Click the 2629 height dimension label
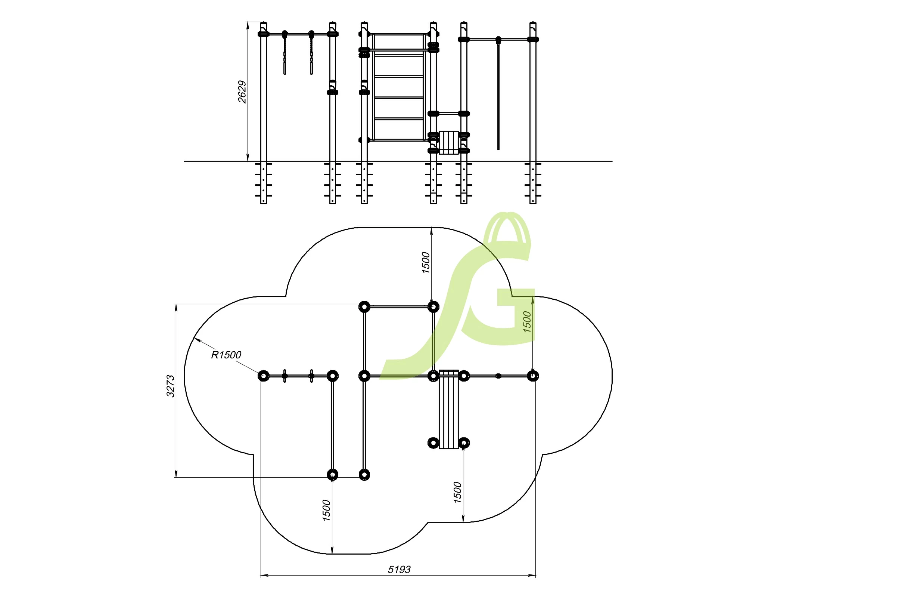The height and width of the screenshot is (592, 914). click(242, 92)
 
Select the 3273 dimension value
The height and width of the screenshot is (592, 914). click(171, 386)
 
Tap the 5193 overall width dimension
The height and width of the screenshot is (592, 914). click(399, 569)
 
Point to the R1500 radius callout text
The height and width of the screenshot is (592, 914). click(226, 355)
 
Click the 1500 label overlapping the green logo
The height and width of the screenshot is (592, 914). click(527, 322)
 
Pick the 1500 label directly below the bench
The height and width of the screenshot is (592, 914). click(457, 492)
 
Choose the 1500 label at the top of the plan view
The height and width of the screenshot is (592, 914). click(426, 263)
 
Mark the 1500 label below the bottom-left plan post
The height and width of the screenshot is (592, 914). click(326, 510)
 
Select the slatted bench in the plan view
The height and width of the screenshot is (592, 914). click(448, 409)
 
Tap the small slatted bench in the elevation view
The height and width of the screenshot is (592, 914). click(448, 142)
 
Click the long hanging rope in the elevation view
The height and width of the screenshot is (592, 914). click(498, 96)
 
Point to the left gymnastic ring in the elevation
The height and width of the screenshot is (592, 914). click(285, 54)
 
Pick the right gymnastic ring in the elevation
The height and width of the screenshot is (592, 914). click(311, 54)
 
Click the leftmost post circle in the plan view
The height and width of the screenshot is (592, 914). click(264, 376)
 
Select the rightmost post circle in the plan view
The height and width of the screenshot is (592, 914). click(533, 376)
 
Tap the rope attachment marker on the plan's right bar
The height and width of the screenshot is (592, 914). click(498, 376)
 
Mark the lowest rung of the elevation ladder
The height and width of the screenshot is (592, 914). click(399, 139)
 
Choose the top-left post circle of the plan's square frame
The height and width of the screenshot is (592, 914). click(364, 307)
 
